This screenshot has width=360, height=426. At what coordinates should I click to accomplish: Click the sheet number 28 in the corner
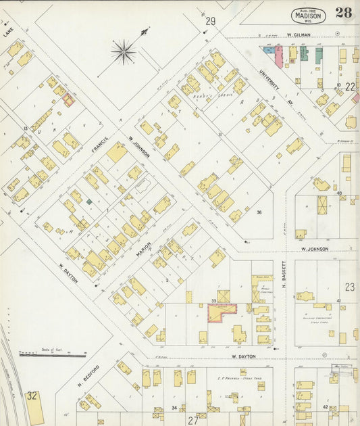click(343, 12)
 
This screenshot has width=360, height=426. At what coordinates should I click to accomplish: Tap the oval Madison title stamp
click(309, 15)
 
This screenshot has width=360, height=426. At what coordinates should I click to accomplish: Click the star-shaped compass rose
click(124, 51)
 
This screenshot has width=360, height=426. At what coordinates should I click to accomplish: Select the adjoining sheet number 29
click(211, 22)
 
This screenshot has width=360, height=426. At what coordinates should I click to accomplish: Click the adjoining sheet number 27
click(193, 420)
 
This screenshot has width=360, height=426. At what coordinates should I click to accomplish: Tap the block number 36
click(259, 212)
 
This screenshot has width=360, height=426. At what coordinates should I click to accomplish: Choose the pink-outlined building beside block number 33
click(222, 312)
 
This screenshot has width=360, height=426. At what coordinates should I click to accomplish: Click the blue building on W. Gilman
click(269, 50)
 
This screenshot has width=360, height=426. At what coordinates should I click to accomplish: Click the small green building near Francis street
click(89, 202)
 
